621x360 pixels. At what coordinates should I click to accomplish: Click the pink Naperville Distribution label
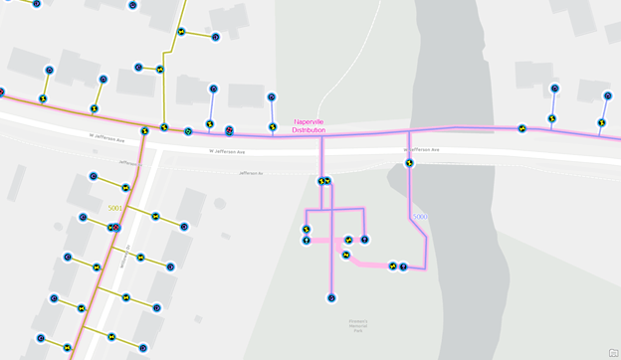[309, 125]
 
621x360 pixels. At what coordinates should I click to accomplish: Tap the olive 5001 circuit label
[116, 208]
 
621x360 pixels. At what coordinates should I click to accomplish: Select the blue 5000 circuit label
[420, 216]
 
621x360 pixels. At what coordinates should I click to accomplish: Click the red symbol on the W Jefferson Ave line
[229, 130]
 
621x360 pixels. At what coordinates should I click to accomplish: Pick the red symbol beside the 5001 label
[114, 227]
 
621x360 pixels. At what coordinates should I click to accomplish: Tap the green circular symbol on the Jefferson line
[188, 131]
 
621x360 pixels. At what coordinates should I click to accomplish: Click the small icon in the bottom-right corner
[613, 353]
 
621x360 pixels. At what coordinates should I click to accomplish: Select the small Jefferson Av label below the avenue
[251, 173]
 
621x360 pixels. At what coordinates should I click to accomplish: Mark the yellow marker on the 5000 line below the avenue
[409, 163]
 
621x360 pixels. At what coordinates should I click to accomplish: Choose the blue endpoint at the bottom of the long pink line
[331, 297]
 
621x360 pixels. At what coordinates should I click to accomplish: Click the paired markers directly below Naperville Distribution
[323, 181]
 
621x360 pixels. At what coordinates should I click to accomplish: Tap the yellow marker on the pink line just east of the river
[522, 128]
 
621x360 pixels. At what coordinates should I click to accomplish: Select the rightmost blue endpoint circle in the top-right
[607, 96]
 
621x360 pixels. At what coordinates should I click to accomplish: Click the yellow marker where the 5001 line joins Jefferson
[145, 129]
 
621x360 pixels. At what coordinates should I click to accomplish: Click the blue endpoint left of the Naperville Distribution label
[272, 97]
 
